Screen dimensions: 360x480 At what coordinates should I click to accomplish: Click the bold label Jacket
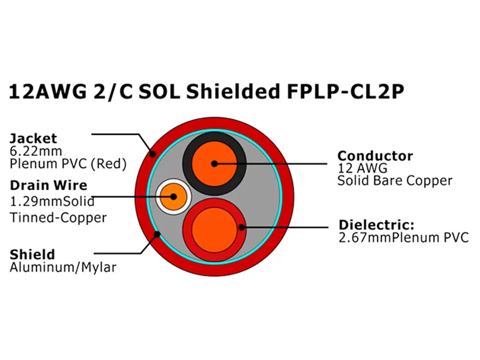(33, 138)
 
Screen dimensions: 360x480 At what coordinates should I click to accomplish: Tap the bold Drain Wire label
(49, 185)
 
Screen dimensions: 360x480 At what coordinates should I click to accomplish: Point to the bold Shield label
(32, 254)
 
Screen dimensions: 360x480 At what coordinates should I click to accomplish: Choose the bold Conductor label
(375, 155)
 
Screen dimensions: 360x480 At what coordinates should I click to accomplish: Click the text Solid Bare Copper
(394, 181)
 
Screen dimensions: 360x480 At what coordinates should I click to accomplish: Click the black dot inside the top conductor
(214, 163)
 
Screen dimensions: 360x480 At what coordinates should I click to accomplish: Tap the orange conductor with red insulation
(214, 227)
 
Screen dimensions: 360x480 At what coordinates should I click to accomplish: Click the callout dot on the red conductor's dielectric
(242, 227)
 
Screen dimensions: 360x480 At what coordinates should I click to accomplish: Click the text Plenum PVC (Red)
(67, 164)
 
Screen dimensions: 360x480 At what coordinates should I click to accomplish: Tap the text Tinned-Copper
(58, 217)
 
